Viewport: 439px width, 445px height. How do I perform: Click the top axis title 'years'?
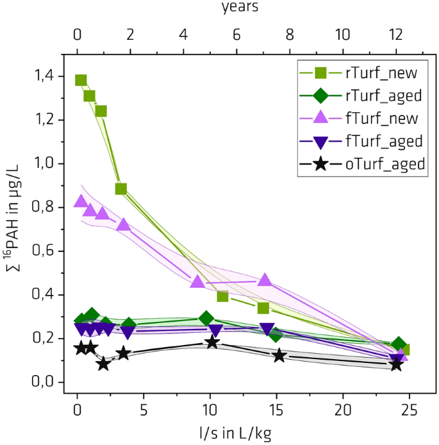coord(240,8)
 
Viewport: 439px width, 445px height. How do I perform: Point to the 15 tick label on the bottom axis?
coord(276,409)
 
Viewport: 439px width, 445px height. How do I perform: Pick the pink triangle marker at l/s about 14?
coord(265,280)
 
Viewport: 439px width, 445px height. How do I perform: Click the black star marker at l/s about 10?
coord(211,342)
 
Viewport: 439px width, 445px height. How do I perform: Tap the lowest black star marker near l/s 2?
coord(104,364)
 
